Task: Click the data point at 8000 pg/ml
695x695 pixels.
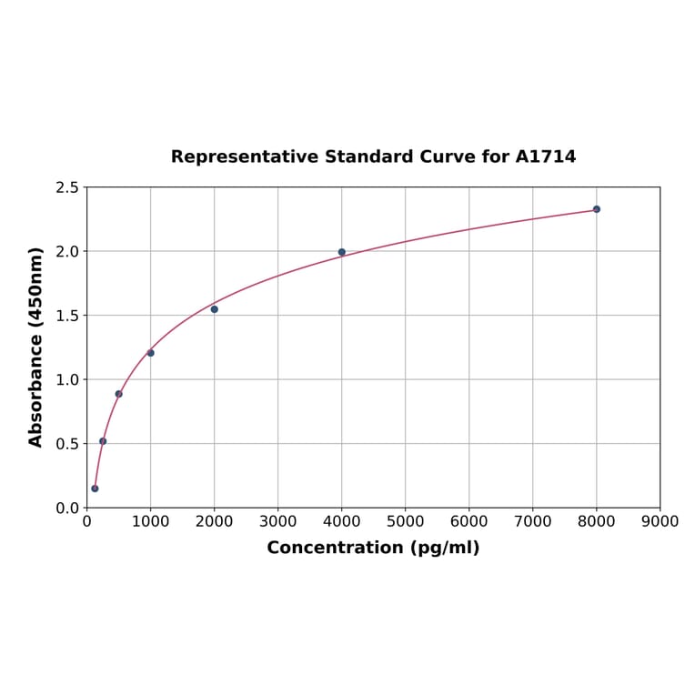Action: point(597,209)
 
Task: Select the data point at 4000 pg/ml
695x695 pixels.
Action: point(342,252)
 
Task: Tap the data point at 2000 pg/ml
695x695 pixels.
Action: point(215,309)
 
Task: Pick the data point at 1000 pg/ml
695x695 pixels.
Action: point(151,353)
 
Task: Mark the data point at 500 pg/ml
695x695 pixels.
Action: point(119,394)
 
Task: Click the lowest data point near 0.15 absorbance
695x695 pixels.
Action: point(95,489)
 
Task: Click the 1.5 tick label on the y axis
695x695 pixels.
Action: point(67,316)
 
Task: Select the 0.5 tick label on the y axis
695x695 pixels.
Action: point(67,444)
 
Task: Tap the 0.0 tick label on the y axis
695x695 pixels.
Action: point(67,508)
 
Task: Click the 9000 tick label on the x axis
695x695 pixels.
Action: point(660,521)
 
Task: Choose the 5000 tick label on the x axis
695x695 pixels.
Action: point(406,521)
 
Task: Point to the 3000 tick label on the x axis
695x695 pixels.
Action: point(278,521)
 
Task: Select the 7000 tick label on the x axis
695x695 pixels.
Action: point(533,521)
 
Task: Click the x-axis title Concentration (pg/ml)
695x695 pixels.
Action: point(373,548)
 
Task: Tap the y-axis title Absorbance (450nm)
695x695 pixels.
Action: point(36,347)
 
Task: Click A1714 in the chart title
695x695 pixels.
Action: point(546,156)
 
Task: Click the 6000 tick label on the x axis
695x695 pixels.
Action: point(469,521)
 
